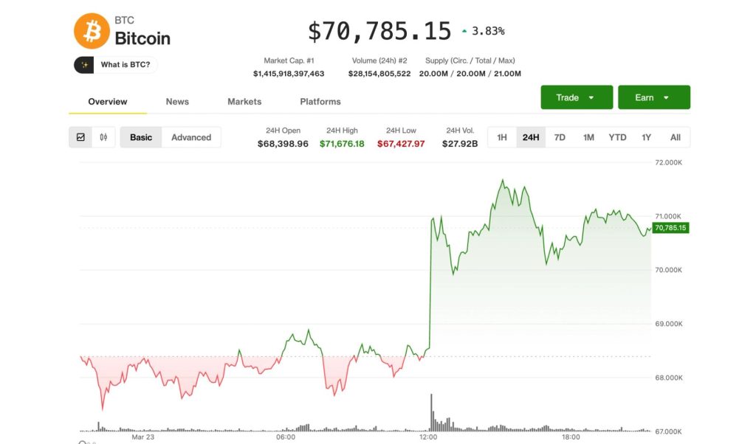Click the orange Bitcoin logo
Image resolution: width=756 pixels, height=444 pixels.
92,31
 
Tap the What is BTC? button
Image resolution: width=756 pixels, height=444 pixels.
116,65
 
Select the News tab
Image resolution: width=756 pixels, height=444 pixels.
177,102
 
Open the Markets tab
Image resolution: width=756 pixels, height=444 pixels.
244,102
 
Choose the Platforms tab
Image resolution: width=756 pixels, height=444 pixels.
320,102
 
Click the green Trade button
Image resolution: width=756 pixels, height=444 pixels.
577,97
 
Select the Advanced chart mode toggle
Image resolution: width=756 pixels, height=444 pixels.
191,137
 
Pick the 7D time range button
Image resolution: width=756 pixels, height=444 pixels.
560,137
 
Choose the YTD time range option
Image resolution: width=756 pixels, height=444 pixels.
617,137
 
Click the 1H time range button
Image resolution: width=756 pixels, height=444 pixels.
502,137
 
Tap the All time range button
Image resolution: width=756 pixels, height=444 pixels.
676,137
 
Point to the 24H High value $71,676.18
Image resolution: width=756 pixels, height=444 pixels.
342,144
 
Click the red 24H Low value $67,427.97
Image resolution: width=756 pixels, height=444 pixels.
401,144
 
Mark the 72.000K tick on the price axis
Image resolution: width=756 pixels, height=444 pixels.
669,162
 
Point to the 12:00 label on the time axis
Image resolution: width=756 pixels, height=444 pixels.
428,437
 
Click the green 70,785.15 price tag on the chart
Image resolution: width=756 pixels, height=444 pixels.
670,228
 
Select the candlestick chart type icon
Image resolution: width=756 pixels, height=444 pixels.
103,137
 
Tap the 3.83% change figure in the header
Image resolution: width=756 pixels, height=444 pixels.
488,31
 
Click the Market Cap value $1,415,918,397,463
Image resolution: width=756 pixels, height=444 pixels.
289,74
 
